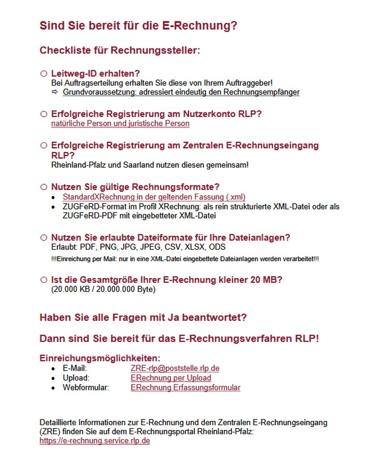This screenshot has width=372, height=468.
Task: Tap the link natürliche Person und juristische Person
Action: tap(120, 124)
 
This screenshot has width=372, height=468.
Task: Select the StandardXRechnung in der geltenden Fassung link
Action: tap(154, 197)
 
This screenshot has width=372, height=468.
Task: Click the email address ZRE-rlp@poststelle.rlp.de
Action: tap(175, 368)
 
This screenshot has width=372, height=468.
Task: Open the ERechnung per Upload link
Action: tap(171, 378)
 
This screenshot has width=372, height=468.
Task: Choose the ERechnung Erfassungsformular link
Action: tap(185, 388)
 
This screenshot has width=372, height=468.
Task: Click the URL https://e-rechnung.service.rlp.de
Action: tap(94, 441)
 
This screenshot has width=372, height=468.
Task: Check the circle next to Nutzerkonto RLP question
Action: tap(43, 114)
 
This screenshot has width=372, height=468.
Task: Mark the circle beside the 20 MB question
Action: tap(43, 280)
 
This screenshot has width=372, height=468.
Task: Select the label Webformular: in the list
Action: tap(86, 388)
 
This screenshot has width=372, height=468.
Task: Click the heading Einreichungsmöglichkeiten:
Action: tap(100, 358)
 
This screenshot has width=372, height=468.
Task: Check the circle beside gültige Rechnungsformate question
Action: tap(43, 187)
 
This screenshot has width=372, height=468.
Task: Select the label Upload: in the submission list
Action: tap(76, 378)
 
